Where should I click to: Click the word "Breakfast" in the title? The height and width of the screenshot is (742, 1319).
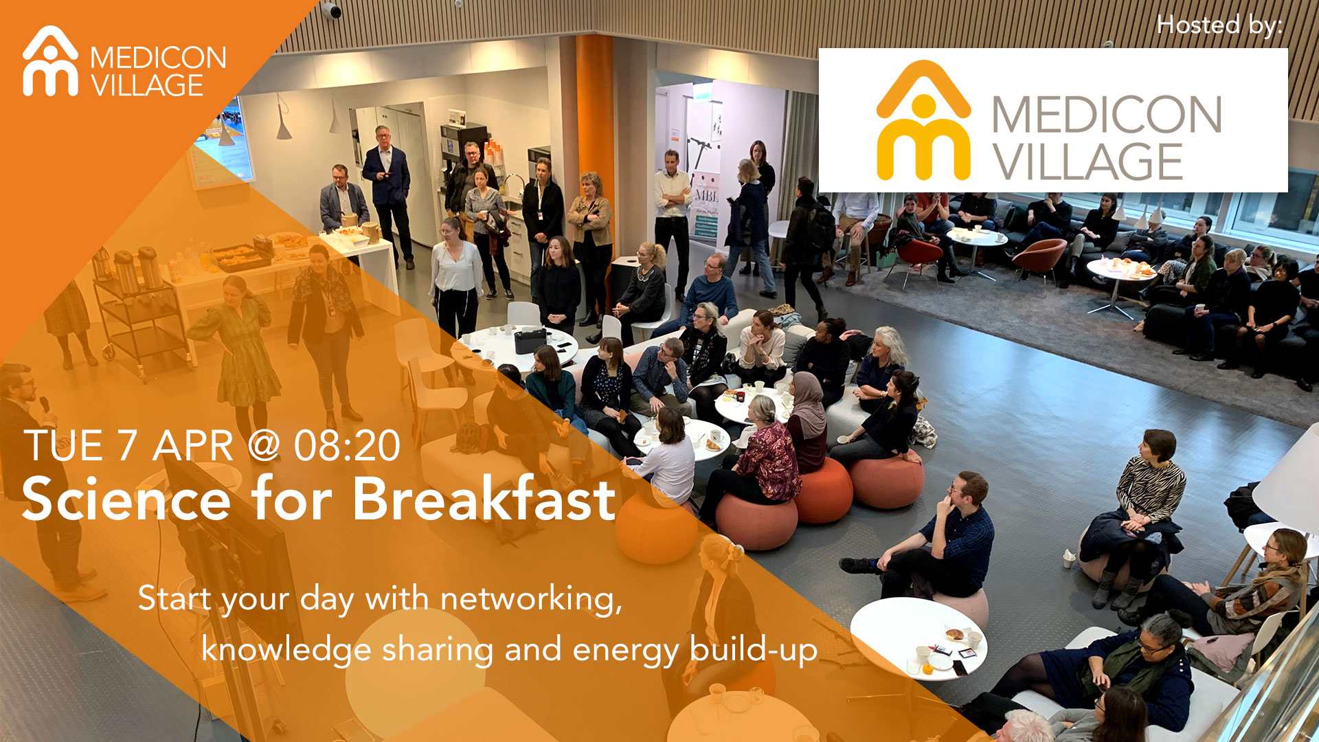click(x=484, y=499)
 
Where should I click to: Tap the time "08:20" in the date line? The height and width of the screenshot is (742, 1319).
click(x=347, y=446)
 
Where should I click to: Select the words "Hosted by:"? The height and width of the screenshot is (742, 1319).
click(x=1219, y=25)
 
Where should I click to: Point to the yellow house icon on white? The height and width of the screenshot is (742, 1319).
click(x=923, y=120)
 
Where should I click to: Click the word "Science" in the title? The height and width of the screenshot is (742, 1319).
click(x=126, y=499)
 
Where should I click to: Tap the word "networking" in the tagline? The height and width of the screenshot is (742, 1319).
click(x=531, y=598)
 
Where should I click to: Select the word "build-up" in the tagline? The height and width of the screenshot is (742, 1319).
click(x=754, y=649)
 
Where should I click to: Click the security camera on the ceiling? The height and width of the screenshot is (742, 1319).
click(x=330, y=10)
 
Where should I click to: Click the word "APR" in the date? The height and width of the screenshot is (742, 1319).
click(x=193, y=446)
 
